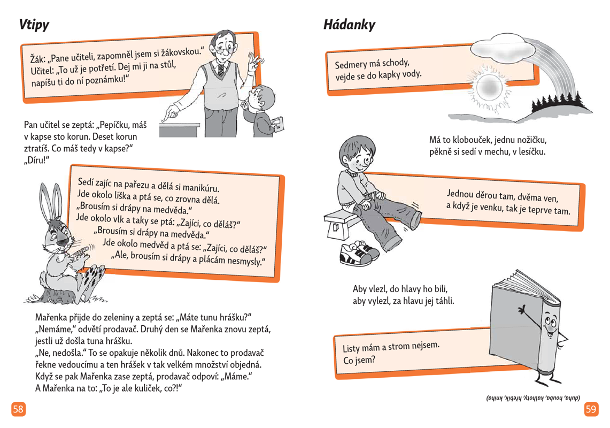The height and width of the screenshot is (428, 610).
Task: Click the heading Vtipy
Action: (x=34, y=25)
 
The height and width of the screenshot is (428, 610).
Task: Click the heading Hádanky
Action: (x=349, y=25)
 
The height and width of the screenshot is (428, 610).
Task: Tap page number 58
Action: (x=18, y=409)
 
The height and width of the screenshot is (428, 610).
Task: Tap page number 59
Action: (x=591, y=409)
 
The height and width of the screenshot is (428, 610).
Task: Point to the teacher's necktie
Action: (x=221, y=70)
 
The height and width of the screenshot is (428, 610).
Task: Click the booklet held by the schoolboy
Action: (x=278, y=125)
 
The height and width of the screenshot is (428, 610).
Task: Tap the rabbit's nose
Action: (x=62, y=242)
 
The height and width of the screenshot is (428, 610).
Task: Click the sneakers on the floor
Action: (x=359, y=254)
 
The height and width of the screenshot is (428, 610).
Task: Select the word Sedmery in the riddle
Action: (x=351, y=64)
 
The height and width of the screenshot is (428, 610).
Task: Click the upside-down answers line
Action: (x=533, y=398)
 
